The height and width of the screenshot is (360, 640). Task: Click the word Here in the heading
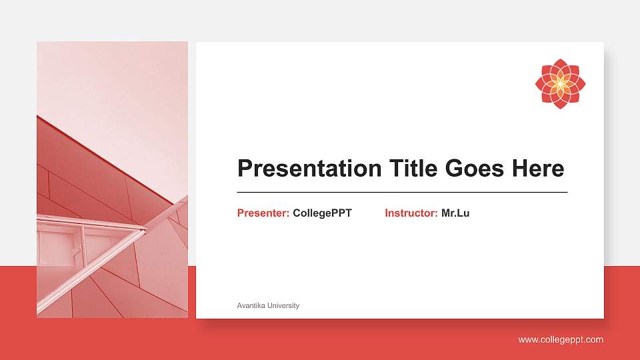click(537, 169)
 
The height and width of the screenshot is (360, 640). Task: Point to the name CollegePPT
click(322, 213)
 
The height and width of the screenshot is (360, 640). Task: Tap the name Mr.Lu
click(455, 213)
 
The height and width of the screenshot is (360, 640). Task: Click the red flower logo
click(560, 83)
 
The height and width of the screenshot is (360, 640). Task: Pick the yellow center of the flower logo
click(560, 83)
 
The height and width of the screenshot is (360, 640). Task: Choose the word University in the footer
click(283, 305)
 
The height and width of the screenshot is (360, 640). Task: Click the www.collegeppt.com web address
click(561, 340)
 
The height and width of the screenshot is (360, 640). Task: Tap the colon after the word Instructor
click(436, 214)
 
